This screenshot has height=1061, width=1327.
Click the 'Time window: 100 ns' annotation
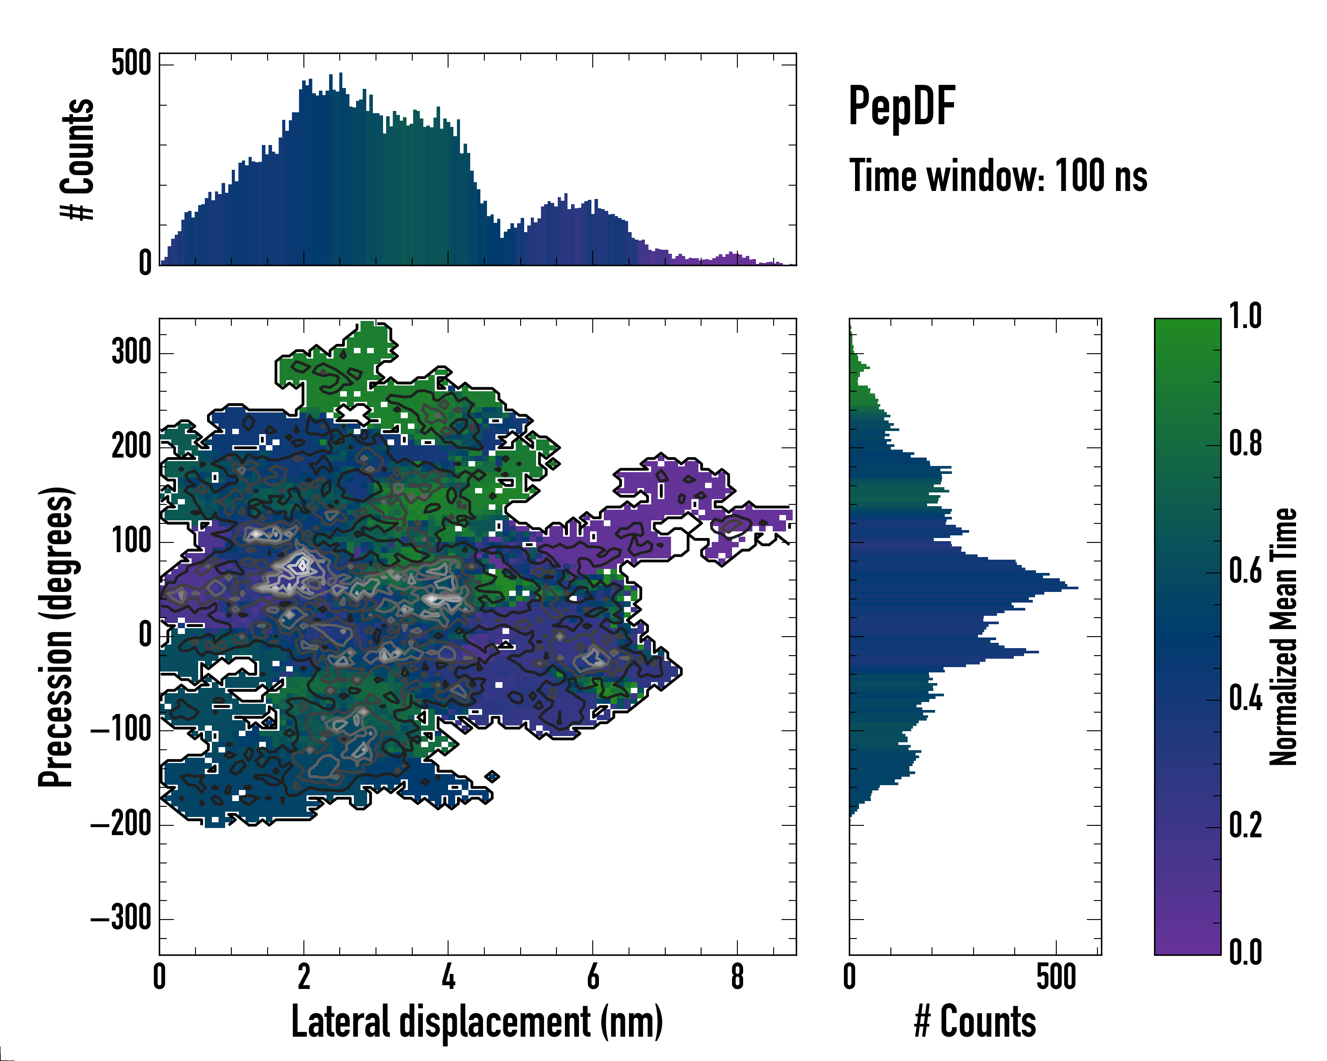(x=998, y=176)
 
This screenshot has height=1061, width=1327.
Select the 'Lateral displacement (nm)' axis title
(x=477, y=1022)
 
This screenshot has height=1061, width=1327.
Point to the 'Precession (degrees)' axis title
(x=57, y=637)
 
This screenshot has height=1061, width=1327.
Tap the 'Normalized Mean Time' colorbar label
(x=1283, y=637)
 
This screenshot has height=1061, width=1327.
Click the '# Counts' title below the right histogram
(x=975, y=1022)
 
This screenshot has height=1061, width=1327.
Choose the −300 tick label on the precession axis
(x=121, y=918)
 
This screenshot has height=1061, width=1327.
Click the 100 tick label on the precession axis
(x=131, y=541)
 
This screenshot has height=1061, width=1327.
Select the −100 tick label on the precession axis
(x=121, y=730)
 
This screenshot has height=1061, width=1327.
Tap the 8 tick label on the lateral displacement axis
(x=737, y=977)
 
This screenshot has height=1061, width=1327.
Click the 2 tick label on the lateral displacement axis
(x=304, y=977)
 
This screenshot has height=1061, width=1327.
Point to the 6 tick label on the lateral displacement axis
(x=593, y=977)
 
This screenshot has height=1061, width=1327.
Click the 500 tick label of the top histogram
(x=131, y=63)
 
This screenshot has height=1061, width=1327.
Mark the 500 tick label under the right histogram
(x=1056, y=977)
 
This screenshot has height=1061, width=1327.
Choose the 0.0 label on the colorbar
(x=1246, y=952)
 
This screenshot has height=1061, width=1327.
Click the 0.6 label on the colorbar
(x=1246, y=571)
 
